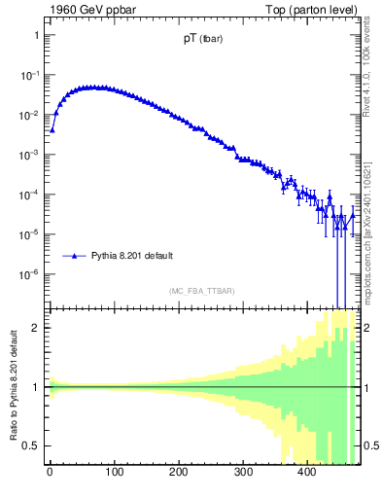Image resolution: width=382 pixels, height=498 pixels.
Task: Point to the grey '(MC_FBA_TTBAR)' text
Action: click(202, 291)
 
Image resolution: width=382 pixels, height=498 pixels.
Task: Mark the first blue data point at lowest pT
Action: click(52, 129)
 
